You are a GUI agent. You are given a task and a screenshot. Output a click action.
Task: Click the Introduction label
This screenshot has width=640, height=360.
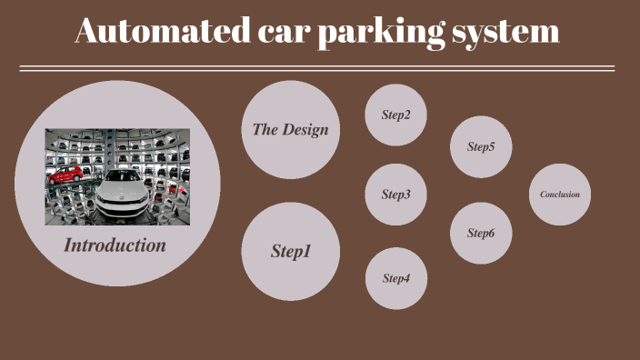115,245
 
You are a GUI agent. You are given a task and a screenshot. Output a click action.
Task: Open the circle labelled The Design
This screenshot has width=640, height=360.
291,129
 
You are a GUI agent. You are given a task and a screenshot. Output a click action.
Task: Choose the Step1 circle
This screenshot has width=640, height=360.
291,252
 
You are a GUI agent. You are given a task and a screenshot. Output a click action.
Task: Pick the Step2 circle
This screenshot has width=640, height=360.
395,115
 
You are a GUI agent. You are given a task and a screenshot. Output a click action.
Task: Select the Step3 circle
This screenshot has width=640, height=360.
395,195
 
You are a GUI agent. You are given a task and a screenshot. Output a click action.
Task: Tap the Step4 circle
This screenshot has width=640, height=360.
396,278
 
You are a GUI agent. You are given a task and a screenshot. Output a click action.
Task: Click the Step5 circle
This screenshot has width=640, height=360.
481,146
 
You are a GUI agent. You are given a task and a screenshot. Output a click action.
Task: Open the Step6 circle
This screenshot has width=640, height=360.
481,234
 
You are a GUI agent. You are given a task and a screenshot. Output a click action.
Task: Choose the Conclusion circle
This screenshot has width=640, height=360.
560,195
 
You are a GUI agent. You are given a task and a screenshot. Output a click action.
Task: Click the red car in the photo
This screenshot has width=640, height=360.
65,173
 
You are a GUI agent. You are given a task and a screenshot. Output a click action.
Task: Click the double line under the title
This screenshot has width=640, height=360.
317,68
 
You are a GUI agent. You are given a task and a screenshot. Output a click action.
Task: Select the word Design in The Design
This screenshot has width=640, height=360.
305,129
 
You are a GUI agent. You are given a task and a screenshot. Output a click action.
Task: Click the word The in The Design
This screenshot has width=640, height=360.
265,129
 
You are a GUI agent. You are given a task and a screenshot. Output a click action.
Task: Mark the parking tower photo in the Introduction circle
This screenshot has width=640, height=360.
117,176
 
